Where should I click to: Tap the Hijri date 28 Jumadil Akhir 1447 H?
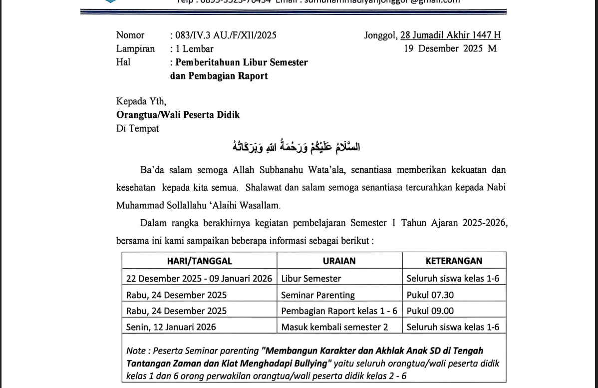tap(450, 35)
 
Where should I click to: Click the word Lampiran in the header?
tap(135, 48)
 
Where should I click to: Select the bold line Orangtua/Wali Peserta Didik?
tap(178, 115)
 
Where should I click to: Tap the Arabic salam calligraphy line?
tap(297, 147)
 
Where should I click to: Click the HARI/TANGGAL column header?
tap(199, 261)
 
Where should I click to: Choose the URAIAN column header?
tap(339, 261)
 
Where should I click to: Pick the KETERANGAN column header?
tap(454, 261)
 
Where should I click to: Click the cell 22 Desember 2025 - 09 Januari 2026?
tap(199, 279)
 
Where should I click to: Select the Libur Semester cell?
tap(311, 279)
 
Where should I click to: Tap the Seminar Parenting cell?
tap(318, 295)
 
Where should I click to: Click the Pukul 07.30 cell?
tap(430, 295)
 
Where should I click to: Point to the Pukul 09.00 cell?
tap(430, 311)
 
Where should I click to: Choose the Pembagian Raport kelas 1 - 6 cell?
tap(339, 311)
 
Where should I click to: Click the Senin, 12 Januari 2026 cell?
tap(171, 327)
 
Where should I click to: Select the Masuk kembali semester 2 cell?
tap(334, 327)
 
